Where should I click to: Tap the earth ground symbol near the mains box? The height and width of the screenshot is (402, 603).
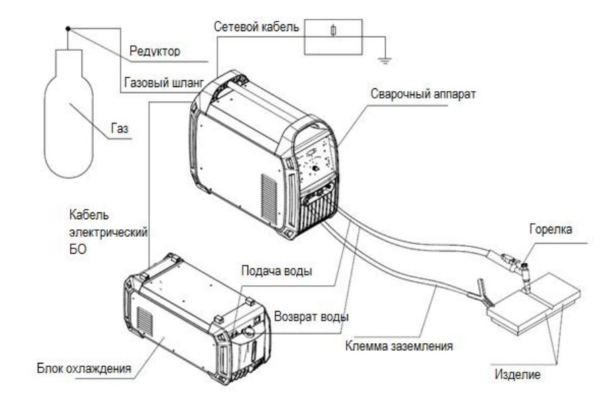(x=385, y=59)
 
